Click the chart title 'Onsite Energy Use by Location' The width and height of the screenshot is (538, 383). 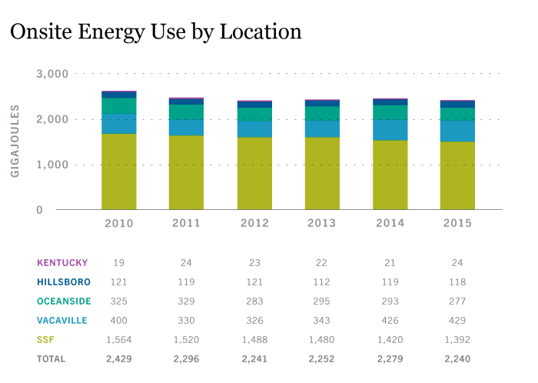154,32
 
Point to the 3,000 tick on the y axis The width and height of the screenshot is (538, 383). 52,74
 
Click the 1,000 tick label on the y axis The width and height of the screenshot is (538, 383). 52,165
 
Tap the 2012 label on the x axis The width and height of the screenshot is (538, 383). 254,223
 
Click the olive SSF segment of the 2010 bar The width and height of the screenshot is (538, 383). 118,172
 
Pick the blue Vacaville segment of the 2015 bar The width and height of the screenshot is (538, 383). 457,131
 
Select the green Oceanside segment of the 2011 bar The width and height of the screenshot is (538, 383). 186,112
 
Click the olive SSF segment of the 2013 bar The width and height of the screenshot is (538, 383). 322,173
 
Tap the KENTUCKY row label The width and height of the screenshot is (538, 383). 61,262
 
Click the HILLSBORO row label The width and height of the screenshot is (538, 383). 62,281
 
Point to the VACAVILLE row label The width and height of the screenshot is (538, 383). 62,320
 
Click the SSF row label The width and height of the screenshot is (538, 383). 45,339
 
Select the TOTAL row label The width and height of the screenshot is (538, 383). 51,358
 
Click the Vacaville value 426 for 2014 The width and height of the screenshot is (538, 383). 390,320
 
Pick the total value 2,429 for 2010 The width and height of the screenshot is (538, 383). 118,358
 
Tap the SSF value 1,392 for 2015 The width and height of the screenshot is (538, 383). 457,339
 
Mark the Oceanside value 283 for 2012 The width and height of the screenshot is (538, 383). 254,301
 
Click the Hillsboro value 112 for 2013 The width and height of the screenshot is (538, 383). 322,281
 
